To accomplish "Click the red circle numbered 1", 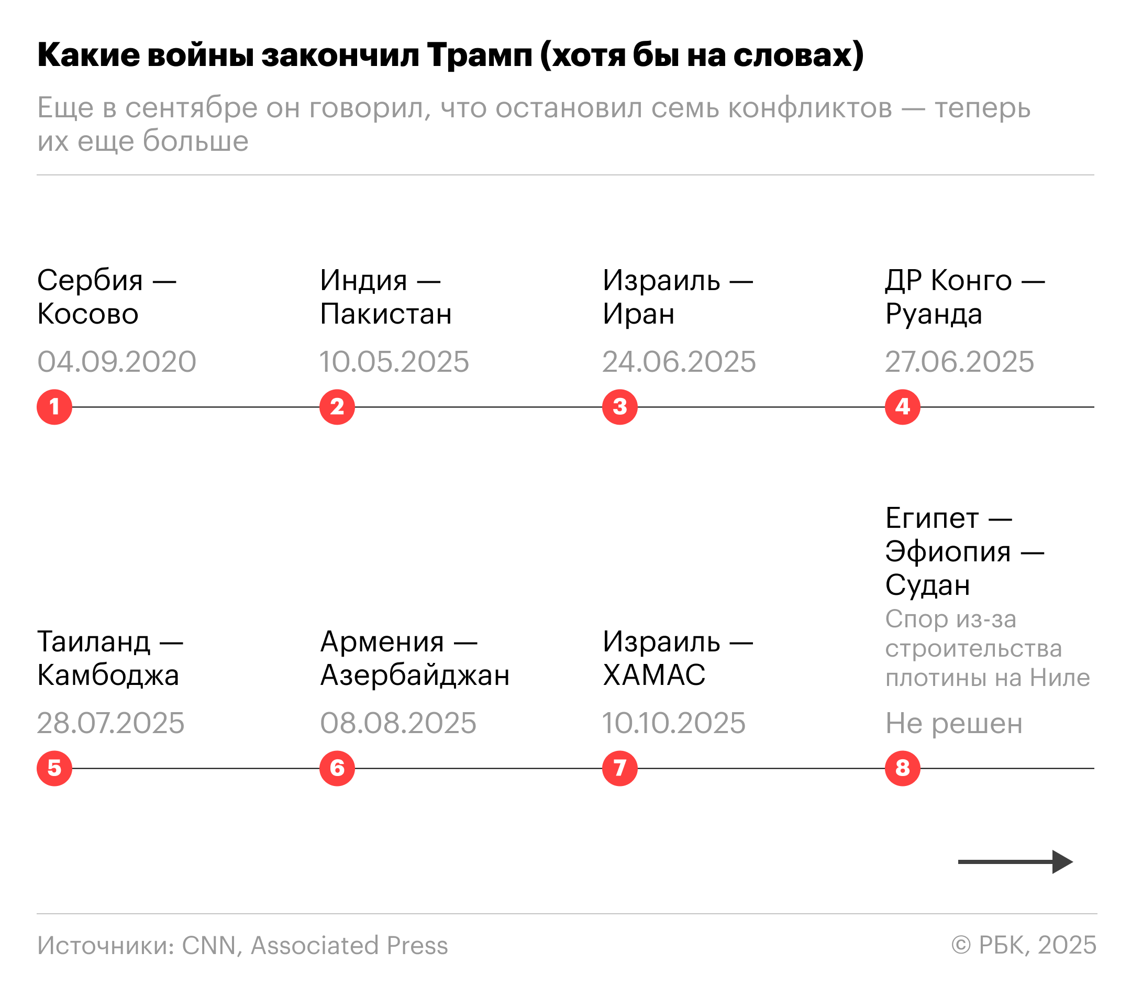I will tap(54, 407).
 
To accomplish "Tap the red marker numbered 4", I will tap(903, 407).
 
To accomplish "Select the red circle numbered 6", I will tap(337, 769).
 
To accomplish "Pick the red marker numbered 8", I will tap(903, 769).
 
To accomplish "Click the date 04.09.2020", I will tap(117, 362).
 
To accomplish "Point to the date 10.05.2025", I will tap(394, 362).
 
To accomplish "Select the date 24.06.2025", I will tap(679, 362).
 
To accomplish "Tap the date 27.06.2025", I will tap(959, 362).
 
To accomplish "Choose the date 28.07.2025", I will tap(110, 723).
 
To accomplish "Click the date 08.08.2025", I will tap(398, 723).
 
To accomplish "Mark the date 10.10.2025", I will tap(674, 723).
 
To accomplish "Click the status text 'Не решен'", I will tap(954, 723).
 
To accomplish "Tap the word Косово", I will tap(88, 314).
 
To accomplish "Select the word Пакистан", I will tap(386, 314).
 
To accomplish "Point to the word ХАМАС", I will tap(654, 675).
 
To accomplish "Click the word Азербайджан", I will tap(415, 675).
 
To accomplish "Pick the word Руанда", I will tap(934, 314).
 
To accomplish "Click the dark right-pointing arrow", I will tap(1015, 862).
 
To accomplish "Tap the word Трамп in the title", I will tap(479, 55).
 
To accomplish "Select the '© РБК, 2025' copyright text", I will tap(1024, 946).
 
